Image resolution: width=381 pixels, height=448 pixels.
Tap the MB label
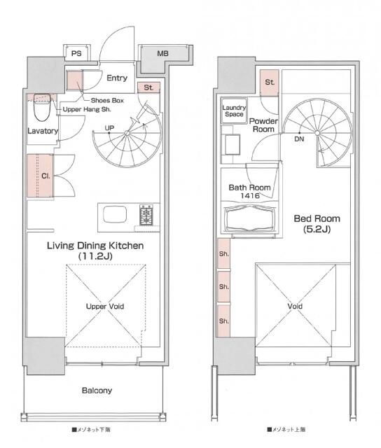(x=162, y=53)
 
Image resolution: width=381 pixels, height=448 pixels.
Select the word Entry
(x=117, y=78)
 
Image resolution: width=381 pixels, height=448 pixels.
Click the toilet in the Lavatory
(x=42, y=107)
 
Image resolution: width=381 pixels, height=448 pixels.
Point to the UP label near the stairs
(x=109, y=127)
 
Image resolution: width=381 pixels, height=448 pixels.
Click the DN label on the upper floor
(x=299, y=139)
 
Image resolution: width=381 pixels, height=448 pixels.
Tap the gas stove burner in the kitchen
(x=146, y=215)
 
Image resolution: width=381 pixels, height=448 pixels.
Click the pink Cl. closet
(x=40, y=176)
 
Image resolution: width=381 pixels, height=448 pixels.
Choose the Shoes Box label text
(x=107, y=100)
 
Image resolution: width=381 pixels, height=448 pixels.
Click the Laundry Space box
(x=234, y=111)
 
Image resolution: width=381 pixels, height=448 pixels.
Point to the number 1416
(x=250, y=196)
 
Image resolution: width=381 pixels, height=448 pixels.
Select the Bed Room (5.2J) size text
(x=317, y=230)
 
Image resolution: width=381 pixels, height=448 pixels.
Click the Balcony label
(x=97, y=391)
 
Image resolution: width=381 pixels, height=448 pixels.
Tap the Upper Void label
(x=105, y=307)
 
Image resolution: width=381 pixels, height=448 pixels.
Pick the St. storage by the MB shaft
(x=148, y=87)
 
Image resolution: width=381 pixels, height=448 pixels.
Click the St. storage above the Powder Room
(x=269, y=83)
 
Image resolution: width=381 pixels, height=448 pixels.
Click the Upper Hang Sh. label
(x=87, y=109)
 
